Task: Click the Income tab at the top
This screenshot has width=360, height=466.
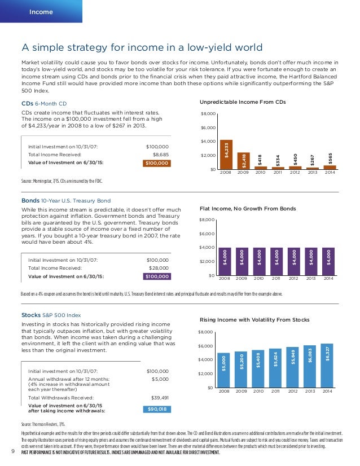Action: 41,12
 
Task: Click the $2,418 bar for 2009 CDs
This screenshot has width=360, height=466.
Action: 243,161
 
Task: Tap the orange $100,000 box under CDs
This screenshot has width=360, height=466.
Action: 156,164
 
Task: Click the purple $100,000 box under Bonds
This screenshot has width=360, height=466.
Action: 156,276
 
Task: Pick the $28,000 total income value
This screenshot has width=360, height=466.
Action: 159,268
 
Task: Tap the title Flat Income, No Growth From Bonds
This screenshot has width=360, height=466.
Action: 248,208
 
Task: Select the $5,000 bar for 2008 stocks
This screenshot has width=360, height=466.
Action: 224,370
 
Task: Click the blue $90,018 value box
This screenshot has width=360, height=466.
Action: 156,408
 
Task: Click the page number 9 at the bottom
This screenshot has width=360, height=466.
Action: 12,450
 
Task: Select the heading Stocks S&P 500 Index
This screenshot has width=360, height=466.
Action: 51,314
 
